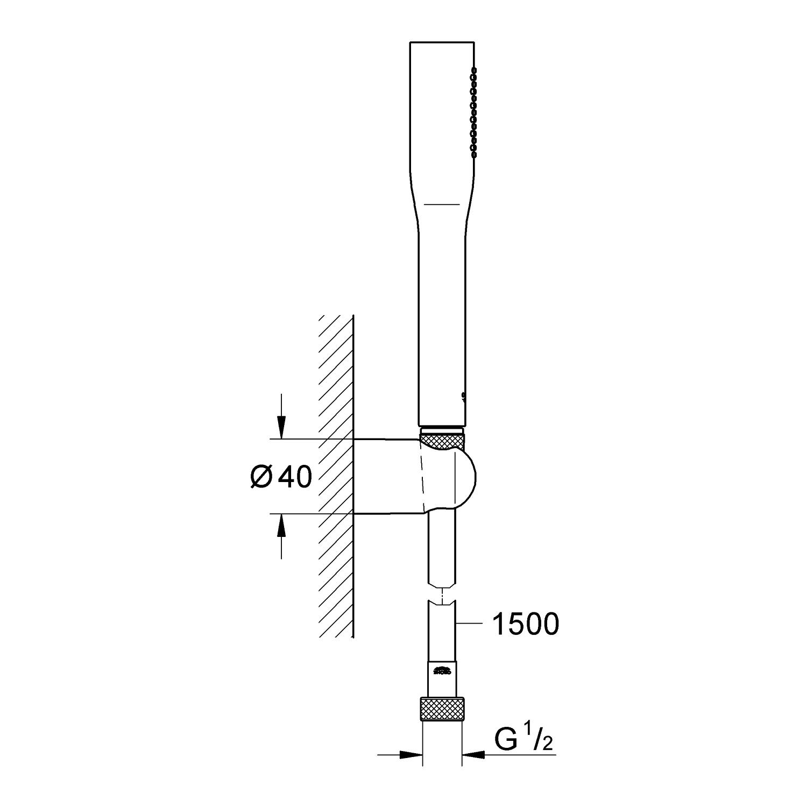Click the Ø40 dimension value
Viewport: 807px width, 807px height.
[281, 477]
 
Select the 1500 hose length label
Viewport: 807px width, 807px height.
[526, 624]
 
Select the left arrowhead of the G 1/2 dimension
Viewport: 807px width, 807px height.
[415, 755]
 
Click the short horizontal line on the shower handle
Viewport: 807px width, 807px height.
[442, 204]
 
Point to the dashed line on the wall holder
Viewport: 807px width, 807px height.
[421, 477]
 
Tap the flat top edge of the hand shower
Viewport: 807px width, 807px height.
[442, 41]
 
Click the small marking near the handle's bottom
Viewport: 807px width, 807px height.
[463, 396]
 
